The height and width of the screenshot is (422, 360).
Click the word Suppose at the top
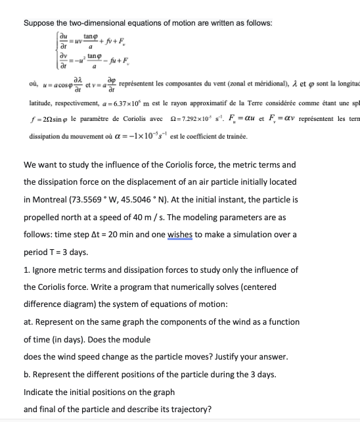(x=41, y=23)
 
